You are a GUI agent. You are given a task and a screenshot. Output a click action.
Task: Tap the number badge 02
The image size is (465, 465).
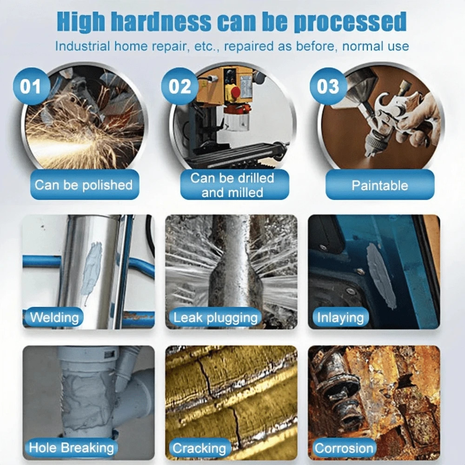tap(179, 87)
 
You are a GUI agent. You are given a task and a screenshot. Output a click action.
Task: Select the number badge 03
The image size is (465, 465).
tap(328, 87)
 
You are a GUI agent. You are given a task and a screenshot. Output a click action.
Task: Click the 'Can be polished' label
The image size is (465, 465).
tap(84, 185)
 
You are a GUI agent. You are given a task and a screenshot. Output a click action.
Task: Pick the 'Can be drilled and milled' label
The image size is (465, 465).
tap(232, 185)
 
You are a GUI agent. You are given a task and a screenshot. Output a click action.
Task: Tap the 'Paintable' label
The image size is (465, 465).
tap(379, 186)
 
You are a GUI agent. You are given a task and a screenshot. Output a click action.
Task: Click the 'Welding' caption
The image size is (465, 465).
tap(54, 318)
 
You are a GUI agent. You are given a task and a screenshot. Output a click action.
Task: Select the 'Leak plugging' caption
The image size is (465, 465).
tap(215, 318)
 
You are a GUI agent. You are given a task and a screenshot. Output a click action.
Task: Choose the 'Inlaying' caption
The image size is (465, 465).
tap(340, 318)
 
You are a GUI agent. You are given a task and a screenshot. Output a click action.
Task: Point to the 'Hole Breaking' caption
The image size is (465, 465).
tap(71, 448)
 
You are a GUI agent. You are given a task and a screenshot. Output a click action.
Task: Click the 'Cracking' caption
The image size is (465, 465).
tap(199, 448)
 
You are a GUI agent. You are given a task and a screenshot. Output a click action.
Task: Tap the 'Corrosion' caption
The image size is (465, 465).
tap(344, 448)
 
